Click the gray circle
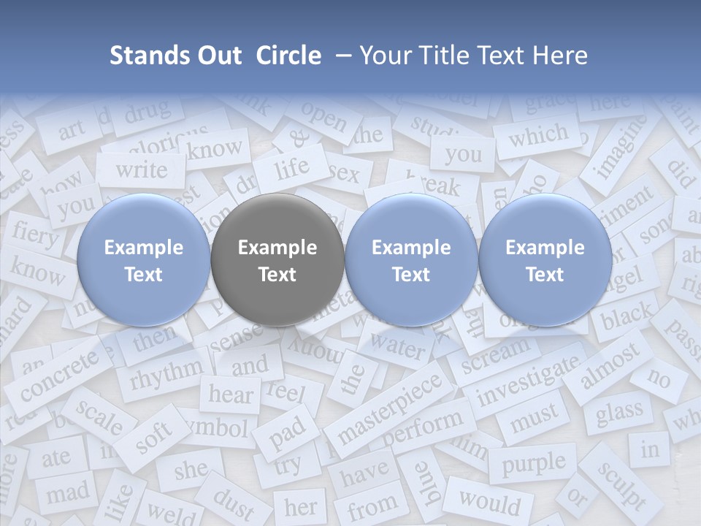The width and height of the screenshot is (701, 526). [x=277, y=260]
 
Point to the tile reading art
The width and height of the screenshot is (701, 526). [x=72, y=131]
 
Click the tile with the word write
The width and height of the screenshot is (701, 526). [x=142, y=169]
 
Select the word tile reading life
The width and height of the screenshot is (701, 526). [x=292, y=168]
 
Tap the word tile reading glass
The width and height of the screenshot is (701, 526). [x=618, y=413]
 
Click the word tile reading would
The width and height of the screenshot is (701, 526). [x=490, y=503]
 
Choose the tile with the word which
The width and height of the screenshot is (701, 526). [x=538, y=136]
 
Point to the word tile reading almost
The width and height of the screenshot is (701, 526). [x=610, y=365]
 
